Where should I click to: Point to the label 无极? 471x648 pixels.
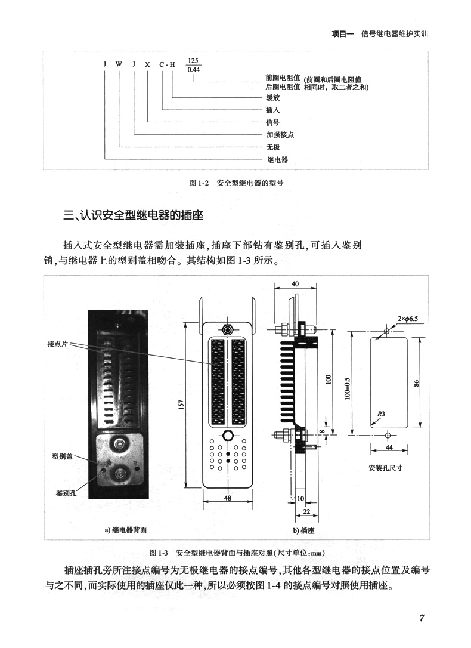click(272, 147)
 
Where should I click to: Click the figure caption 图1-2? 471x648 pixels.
click(235, 183)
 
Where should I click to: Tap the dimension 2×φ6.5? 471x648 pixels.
click(408, 319)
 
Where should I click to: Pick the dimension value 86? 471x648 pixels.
click(417, 382)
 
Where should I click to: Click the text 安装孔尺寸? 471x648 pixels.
click(386, 468)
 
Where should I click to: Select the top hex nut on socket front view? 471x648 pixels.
click(227, 329)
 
